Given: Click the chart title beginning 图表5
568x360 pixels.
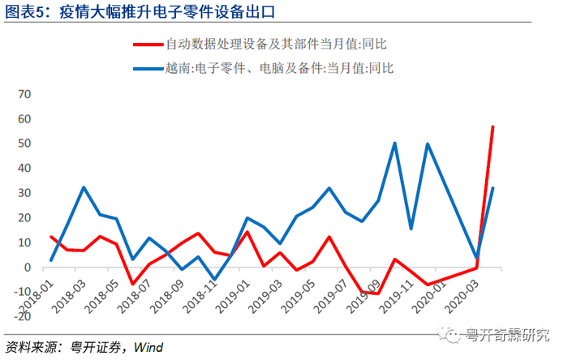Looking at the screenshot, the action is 140,11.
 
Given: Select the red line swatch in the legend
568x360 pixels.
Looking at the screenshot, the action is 148,45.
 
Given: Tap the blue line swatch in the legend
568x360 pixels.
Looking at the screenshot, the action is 148,68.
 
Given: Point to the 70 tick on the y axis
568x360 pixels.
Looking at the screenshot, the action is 24,94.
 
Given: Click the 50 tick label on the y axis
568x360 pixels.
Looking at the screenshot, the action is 24,144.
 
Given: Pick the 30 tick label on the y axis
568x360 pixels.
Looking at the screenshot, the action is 24,193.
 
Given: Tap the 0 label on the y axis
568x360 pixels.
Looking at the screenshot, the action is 28,268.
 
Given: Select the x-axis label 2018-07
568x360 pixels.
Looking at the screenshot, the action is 134,297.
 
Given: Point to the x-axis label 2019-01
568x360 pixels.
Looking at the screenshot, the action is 232,297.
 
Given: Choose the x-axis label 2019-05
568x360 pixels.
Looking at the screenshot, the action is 298,297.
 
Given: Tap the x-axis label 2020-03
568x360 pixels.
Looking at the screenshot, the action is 462,297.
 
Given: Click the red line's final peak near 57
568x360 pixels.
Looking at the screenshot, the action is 493,126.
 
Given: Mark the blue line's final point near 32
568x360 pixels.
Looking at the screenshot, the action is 493,188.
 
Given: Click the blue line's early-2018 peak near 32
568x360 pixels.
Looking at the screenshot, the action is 84,187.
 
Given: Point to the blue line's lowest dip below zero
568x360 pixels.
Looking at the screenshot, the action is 214,279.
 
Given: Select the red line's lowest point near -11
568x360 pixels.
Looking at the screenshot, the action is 378,294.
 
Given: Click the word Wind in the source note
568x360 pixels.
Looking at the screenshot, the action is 148,348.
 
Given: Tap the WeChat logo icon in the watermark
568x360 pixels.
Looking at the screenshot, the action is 449,333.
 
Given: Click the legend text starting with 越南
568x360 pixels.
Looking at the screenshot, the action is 279,68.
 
